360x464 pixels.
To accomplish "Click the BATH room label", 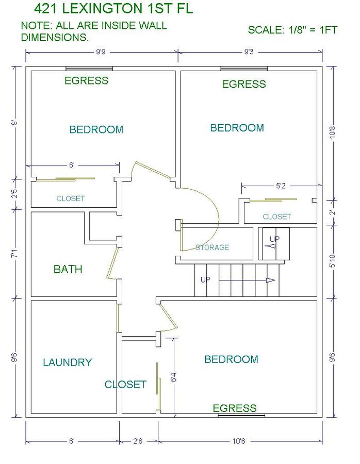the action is [x=68, y=269].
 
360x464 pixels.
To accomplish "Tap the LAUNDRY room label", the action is [x=68, y=362].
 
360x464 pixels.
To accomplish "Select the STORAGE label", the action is [x=212, y=247].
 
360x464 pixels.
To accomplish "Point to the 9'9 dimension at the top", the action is [x=101, y=52].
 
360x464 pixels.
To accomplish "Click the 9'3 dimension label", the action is [x=249, y=52].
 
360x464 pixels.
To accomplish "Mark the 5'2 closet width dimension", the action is [x=281, y=186].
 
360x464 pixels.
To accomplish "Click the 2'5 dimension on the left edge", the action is [x=14, y=193].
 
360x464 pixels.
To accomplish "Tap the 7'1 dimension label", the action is [x=14, y=254].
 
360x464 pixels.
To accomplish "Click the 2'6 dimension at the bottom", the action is [x=138, y=441].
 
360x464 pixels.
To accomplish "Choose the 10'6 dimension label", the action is [x=239, y=441].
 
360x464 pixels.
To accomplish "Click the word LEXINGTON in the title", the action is [x=103, y=9].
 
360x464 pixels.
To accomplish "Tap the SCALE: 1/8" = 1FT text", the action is [x=292, y=30].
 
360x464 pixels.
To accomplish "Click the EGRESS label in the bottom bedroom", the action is [x=235, y=408].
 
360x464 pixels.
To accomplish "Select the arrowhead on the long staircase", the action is [x=271, y=280].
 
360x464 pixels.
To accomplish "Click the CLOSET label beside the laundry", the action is [x=125, y=385].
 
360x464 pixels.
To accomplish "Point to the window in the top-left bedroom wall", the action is [x=89, y=69].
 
